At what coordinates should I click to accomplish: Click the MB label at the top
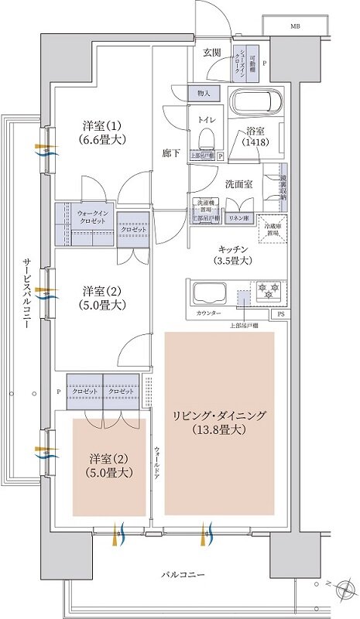(296, 26)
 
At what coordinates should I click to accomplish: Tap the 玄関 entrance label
(212, 53)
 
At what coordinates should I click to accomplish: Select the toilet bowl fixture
(206, 139)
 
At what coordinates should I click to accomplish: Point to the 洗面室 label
(238, 184)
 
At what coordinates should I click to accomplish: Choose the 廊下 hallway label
(173, 153)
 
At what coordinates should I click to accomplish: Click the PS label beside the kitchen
(280, 314)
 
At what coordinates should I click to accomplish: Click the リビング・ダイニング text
(219, 416)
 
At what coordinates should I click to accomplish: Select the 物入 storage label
(204, 93)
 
